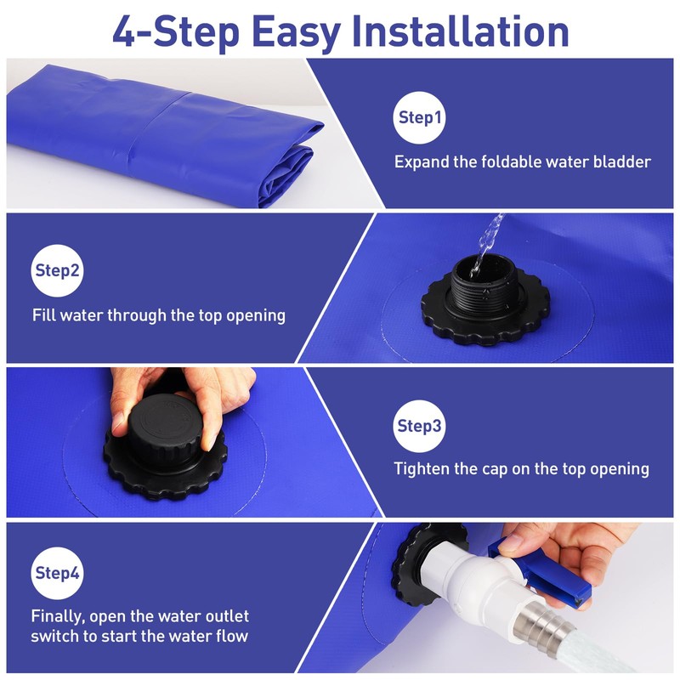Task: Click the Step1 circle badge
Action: [419, 118]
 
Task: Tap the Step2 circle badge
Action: [58, 271]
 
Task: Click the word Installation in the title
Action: [460, 31]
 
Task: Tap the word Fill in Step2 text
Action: [46, 315]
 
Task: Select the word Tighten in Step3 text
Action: [423, 468]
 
